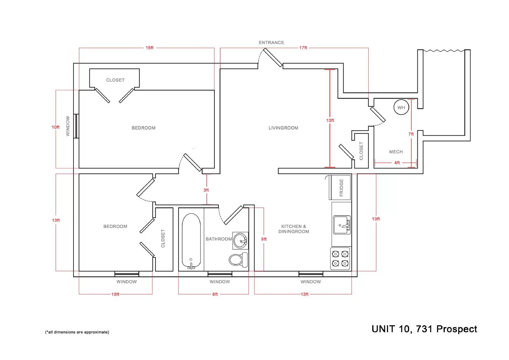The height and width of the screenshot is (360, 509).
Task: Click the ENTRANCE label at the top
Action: (271, 43)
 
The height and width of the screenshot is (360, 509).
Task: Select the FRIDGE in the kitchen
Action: (340, 187)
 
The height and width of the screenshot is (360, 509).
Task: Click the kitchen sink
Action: (342, 225)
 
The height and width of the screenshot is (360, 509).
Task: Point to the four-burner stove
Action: (340, 258)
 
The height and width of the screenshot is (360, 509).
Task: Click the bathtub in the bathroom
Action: (191, 241)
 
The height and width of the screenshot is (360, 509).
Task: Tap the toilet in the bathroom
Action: (238, 260)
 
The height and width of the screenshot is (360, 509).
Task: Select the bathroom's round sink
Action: (241, 241)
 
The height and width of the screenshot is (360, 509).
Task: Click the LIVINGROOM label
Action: (283, 128)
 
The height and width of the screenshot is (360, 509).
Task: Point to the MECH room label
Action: (396, 152)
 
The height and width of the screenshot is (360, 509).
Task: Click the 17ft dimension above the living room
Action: (303, 47)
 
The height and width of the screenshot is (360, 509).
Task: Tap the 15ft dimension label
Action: (150, 47)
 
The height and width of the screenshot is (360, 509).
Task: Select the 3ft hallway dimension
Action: (206, 190)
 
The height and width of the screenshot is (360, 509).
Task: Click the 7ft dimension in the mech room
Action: (411, 134)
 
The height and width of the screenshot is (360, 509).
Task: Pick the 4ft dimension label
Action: (397, 163)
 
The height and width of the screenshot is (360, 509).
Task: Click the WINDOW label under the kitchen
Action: (310, 282)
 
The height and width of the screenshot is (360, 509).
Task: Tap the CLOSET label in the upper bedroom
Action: (115, 80)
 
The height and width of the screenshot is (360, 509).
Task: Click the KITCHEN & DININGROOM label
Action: (294, 229)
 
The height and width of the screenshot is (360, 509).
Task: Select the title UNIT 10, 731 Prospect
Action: (424, 329)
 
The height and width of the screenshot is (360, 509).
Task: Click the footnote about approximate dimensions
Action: (77, 332)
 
